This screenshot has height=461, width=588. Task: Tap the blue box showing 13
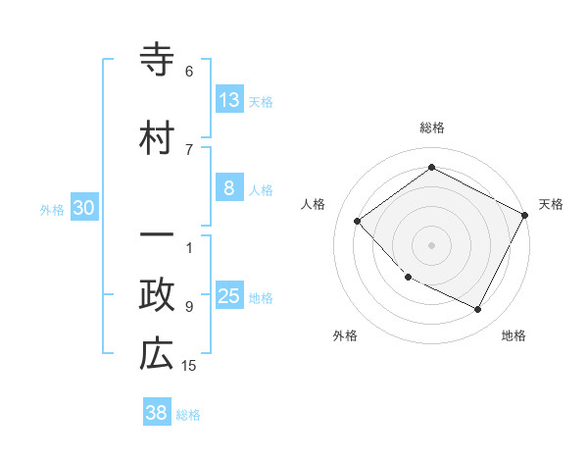coord(229,100)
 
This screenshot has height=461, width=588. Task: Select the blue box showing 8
coord(229,188)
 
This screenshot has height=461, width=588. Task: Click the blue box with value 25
coord(229,296)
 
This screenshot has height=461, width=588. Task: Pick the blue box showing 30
coord(84,208)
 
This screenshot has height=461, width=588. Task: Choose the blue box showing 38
coord(157,413)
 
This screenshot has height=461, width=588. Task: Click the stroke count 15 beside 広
coord(190,366)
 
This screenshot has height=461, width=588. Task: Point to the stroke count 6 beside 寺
coord(189,72)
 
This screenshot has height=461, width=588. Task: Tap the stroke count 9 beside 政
coord(189,306)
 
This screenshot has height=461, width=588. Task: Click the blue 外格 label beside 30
coord(52,209)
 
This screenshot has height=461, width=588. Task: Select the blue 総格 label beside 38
coord(188,415)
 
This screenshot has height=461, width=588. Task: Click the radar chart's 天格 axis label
coord(552,204)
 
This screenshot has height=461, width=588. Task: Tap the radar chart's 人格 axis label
coord(314,204)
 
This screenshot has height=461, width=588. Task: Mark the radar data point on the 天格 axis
coord(525,216)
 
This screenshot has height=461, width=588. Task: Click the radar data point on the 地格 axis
coord(478,310)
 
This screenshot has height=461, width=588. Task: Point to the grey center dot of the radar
coord(431,244)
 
